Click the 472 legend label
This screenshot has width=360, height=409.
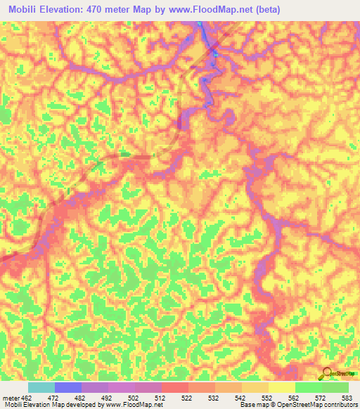click(x=53, y=397)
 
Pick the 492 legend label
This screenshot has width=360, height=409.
click(x=107, y=397)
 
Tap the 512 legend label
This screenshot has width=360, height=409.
click(x=160, y=397)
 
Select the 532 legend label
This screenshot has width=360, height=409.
click(x=214, y=397)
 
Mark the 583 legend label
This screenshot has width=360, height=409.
click(x=347, y=397)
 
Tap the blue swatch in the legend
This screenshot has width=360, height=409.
click(x=67, y=387)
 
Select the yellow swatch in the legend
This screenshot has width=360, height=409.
click(x=281, y=387)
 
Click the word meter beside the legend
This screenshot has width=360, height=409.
click(x=11, y=397)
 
